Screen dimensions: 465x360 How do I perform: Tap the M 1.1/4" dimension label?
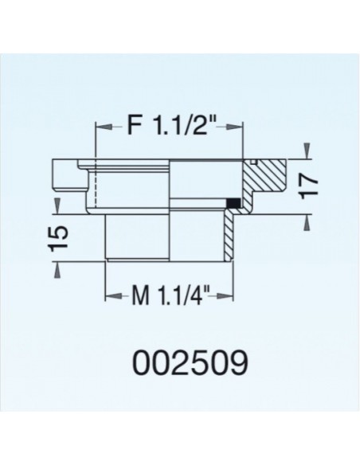[168, 300]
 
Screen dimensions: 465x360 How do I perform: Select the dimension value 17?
[311, 185]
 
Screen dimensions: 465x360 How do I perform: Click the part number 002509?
[180, 362]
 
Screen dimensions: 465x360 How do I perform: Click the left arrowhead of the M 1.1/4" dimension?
[111, 300]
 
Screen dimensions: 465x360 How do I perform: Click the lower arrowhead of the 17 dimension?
[305, 221]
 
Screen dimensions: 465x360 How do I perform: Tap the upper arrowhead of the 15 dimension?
[57, 208]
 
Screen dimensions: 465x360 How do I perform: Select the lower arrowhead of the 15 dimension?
[57, 270]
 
